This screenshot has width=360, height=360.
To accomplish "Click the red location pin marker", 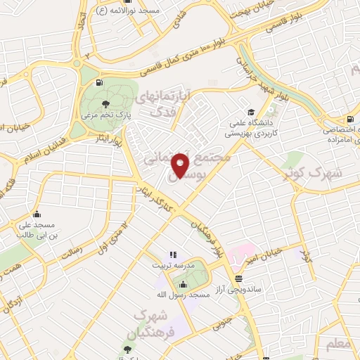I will pos(181,166).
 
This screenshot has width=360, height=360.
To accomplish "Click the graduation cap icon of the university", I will pos(251,112).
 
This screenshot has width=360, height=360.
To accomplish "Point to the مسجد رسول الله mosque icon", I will pos(184,284).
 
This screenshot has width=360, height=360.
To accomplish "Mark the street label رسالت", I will pos(72,247).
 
